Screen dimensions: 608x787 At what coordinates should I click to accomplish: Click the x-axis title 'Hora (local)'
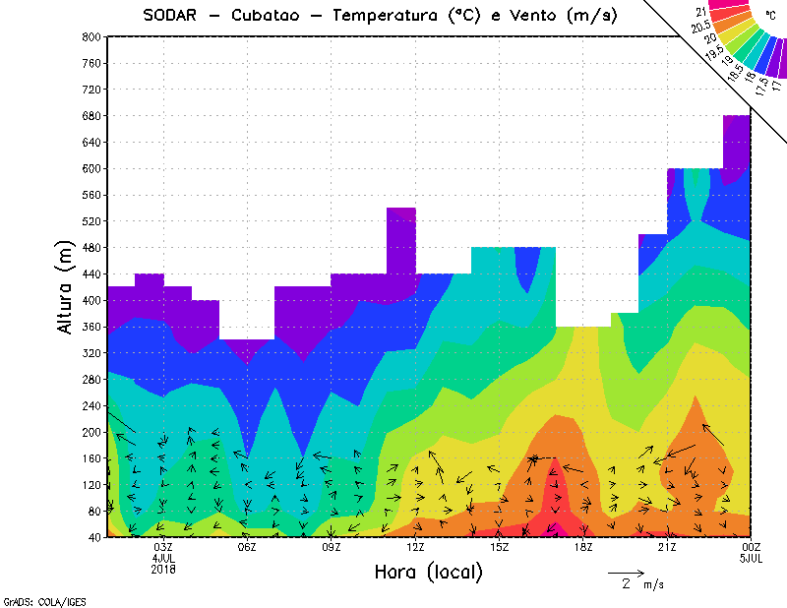(428, 572)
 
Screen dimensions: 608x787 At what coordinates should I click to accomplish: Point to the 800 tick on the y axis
(91, 36)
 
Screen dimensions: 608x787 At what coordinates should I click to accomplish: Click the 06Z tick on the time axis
(247, 547)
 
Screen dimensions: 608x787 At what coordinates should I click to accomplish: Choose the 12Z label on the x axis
(415, 547)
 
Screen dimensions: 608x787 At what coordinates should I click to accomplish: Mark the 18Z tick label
(583, 547)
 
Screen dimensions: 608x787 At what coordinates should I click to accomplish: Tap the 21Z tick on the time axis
(667, 547)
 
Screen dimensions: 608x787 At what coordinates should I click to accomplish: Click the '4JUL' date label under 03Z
(163, 558)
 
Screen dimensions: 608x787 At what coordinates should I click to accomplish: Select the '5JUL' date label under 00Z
(751, 558)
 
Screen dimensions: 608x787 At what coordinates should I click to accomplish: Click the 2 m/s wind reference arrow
(626, 572)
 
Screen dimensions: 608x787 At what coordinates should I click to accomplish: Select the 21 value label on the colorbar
(700, 11)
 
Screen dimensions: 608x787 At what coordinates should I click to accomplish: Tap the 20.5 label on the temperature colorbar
(701, 28)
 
